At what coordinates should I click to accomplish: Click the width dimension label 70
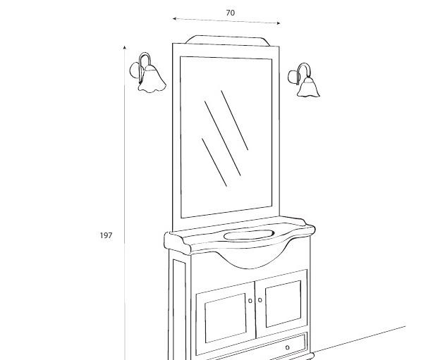[231, 13]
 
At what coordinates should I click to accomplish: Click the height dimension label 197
[106, 235]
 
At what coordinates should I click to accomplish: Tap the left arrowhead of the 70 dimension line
[174, 19]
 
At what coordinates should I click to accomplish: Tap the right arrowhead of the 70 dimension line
[279, 23]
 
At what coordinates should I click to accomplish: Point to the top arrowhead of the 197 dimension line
[124, 47]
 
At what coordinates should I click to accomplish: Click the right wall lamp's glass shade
[308, 87]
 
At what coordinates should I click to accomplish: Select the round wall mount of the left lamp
[136, 70]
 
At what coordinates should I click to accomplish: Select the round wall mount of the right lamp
[293, 77]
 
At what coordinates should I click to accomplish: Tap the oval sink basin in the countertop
[249, 235]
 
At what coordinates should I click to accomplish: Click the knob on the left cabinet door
[250, 301]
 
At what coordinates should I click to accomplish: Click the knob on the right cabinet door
[260, 299]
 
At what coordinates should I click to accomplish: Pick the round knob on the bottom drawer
[288, 347]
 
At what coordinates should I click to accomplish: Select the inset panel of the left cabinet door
[226, 318]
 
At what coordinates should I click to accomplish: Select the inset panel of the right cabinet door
[284, 304]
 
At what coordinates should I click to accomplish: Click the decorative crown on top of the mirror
[228, 41]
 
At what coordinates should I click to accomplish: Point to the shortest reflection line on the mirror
[214, 163]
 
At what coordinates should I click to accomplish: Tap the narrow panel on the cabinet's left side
[179, 309]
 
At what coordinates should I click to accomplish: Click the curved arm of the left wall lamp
[145, 67]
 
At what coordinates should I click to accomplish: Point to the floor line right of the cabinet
[358, 340]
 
